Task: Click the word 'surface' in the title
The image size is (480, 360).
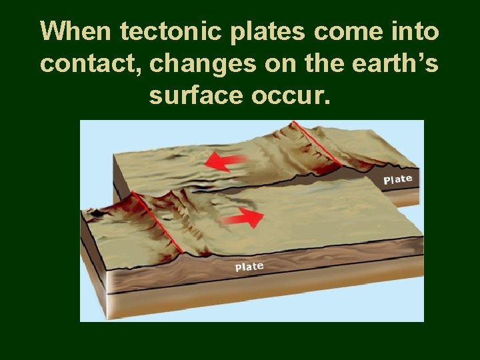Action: coord(193,95)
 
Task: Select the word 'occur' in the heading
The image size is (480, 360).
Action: coord(291,95)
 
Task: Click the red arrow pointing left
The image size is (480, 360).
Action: coord(225,161)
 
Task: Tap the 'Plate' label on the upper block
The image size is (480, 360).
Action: coord(398,179)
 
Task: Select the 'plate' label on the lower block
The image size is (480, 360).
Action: coord(249,267)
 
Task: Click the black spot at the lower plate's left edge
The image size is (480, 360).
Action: coord(97,212)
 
